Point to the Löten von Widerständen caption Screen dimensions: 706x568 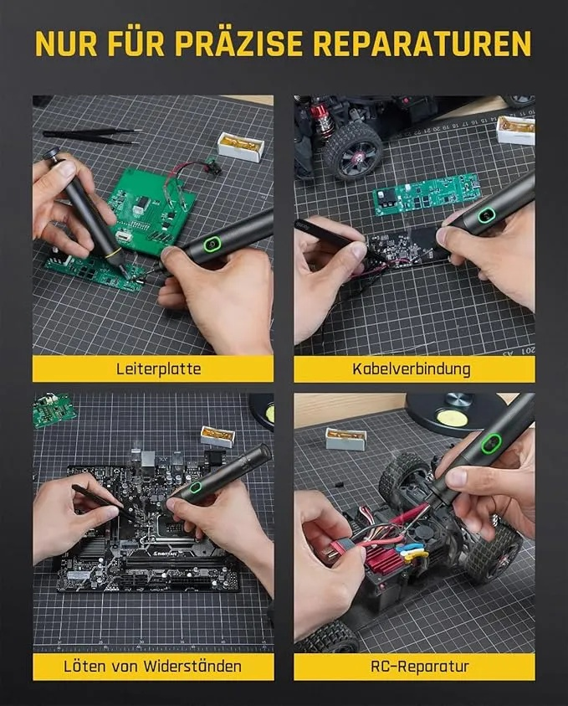[x=153, y=667]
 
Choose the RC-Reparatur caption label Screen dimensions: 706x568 [x=415, y=667]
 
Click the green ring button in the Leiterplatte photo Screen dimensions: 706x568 [x=212, y=245]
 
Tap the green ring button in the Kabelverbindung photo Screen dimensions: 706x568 [x=485, y=217]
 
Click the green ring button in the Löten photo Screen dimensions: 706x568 [x=196, y=487]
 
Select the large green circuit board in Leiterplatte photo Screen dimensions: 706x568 [x=154, y=209]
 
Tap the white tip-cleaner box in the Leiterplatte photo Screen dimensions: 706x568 [x=240, y=146]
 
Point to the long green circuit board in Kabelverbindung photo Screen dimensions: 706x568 [x=427, y=193]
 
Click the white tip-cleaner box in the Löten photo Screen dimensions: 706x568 [x=217, y=436]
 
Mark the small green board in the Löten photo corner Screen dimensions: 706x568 [x=54, y=410]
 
